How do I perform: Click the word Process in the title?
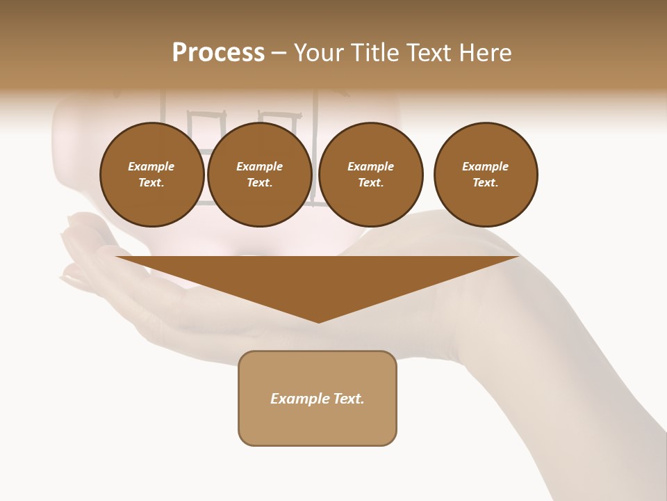pyautogui.click(x=218, y=53)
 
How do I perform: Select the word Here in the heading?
pyautogui.click(x=485, y=53)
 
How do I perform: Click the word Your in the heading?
pyautogui.click(x=317, y=53)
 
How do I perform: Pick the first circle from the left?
pyautogui.click(x=151, y=175)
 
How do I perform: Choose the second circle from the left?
pyautogui.click(x=259, y=175)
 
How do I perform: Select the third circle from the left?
pyautogui.click(x=370, y=175)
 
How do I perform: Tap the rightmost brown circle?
pyautogui.click(x=485, y=175)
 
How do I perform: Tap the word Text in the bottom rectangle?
pyautogui.click(x=349, y=399)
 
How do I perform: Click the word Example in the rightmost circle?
pyautogui.click(x=485, y=166)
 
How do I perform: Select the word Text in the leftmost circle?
pyautogui.click(x=151, y=183)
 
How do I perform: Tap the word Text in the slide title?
pyautogui.click(x=426, y=53)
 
